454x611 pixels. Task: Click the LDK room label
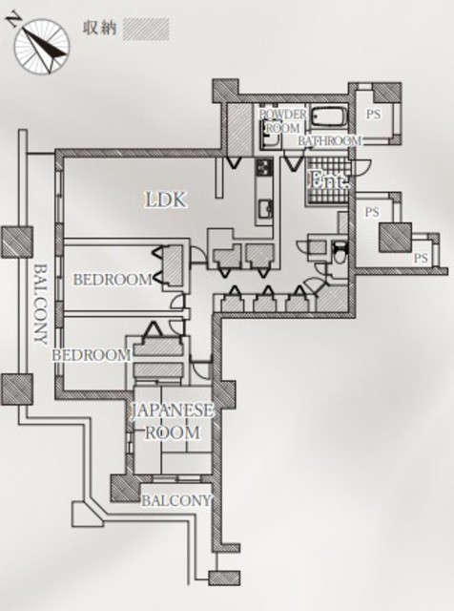(166, 200)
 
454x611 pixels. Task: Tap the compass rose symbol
(42, 46)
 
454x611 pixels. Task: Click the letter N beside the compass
(13, 19)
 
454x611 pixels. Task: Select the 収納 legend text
(100, 29)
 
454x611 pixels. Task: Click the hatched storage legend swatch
(146, 30)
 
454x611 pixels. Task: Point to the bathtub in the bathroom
(329, 117)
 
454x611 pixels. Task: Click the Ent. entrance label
(329, 180)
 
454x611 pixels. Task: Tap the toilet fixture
(340, 254)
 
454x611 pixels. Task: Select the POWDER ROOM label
(283, 121)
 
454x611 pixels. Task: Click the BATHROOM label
(329, 140)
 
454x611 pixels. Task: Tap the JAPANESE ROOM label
(172, 422)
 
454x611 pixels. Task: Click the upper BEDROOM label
(113, 280)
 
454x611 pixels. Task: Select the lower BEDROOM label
(92, 355)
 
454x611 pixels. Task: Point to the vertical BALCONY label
(40, 305)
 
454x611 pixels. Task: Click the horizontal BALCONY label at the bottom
(176, 500)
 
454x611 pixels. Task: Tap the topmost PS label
(373, 115)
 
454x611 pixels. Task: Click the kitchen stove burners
(263, 168)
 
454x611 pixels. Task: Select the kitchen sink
(265, 209)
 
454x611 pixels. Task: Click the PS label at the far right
(421, 258)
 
